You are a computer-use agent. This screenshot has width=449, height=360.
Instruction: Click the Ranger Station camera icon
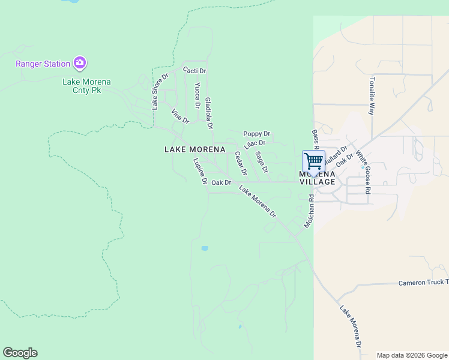[x=80, y=62]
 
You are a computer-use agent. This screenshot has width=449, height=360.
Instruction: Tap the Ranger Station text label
[x=43, y=63]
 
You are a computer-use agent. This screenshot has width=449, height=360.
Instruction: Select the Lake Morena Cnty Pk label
[x=87, y=86]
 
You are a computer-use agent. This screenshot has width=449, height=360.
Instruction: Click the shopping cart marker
[x=313, y=161]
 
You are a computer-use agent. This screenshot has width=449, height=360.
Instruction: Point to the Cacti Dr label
[x=194, y=71]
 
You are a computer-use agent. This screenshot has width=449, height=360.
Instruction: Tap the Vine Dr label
[x=180, y=116]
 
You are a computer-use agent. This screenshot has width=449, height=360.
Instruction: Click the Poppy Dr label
[x=256, y=134]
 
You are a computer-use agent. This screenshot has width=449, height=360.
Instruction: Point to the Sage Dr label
[x=262, y=161]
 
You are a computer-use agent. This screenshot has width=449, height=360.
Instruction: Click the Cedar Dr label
[x=240, y=163]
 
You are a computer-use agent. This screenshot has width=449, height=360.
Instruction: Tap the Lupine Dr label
[x=200, y=171]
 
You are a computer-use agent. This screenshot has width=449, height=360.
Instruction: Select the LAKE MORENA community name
[x=194, y=149]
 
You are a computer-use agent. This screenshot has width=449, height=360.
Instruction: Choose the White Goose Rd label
[x=363, y=171]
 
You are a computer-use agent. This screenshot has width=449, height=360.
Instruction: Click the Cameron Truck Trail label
[x=423, y=282]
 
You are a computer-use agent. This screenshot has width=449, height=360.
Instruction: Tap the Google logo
[x=20, y=353]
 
